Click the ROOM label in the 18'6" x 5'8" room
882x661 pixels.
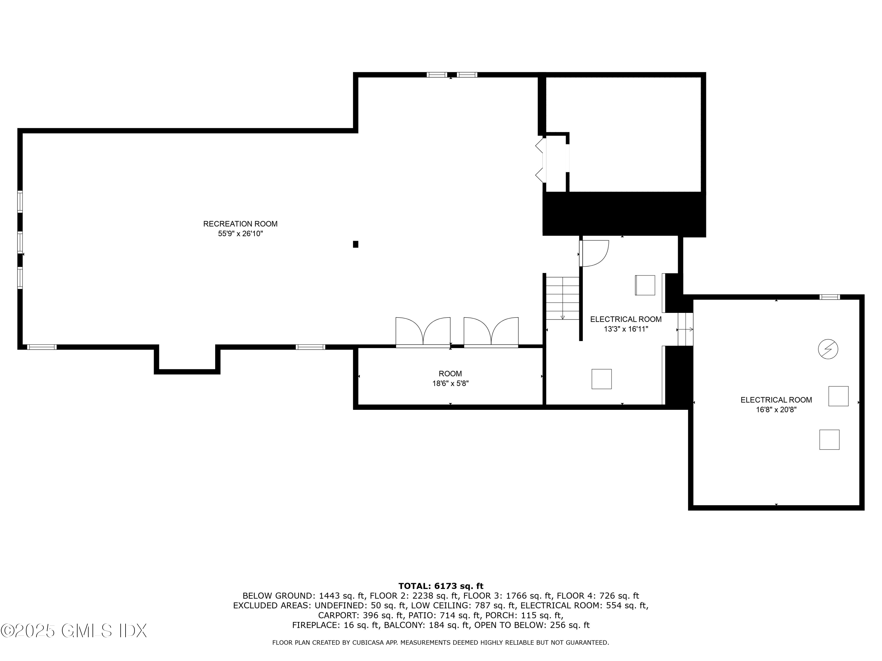coord(450,374)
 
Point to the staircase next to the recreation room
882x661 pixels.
coord(562,298)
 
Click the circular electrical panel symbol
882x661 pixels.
coord(828,349)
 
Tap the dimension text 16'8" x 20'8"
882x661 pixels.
coord(776,410)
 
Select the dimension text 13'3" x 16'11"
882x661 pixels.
coord(626,329)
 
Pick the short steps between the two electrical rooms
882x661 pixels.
coord(685,329)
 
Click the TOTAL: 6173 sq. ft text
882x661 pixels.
coord(441,586)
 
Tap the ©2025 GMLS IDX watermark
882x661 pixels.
coord(74,631)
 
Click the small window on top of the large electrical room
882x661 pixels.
coord(829,297)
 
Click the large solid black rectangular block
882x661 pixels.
coord(624,214)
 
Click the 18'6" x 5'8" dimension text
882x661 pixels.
coord(450,384)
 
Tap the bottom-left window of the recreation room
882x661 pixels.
coord(42,347)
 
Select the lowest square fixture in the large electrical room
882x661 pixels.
coord(829,439)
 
